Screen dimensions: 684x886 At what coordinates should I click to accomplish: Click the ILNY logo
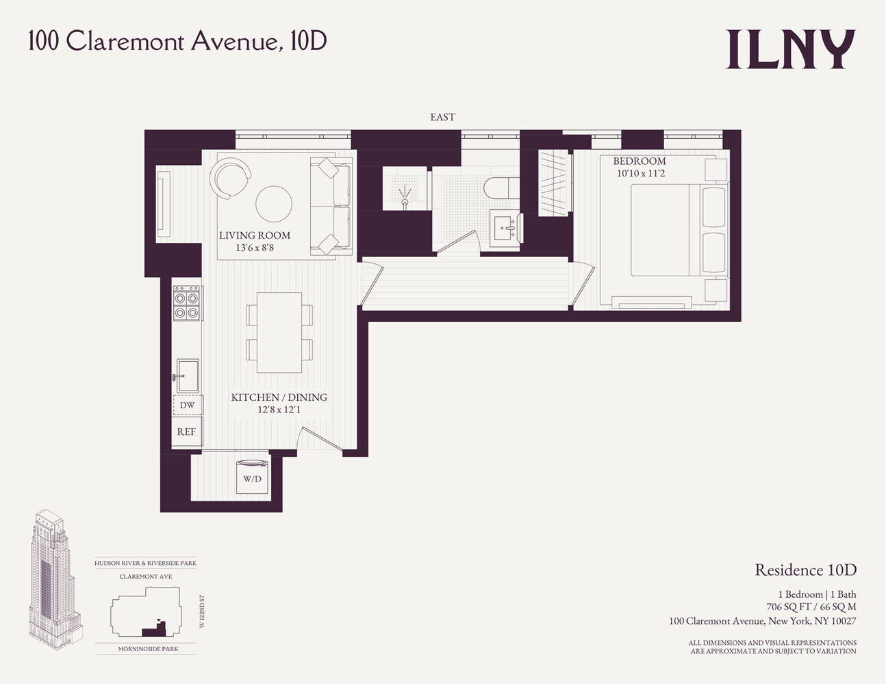(790, 49)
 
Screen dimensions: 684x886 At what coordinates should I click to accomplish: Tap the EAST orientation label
(442, 117)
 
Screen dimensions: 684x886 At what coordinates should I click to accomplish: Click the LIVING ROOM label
(255, 235)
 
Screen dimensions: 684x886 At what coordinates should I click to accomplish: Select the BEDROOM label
(639, 161)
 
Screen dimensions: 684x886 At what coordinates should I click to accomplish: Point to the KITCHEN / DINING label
(279, 397)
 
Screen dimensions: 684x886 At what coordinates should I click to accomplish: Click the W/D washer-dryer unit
(253, 477)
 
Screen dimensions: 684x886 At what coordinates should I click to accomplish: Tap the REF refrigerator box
(186, 432)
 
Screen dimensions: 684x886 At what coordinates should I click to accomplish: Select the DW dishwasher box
(187, 405)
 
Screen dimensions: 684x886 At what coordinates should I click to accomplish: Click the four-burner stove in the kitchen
(186, 304)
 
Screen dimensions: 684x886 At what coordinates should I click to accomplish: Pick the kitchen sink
(187, 375)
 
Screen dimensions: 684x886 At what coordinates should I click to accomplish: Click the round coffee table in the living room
(274, 203)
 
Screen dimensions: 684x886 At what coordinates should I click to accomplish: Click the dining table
(279, 332)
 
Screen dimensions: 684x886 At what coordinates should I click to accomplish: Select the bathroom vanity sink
(506, 226)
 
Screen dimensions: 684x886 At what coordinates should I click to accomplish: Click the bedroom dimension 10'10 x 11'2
(640, 174)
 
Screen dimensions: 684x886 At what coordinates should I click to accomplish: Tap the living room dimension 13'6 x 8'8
(255, 248)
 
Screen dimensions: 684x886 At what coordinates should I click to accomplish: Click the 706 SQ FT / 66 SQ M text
(811, 607)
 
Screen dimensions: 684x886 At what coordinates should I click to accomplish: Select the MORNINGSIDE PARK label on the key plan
(148, 648)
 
